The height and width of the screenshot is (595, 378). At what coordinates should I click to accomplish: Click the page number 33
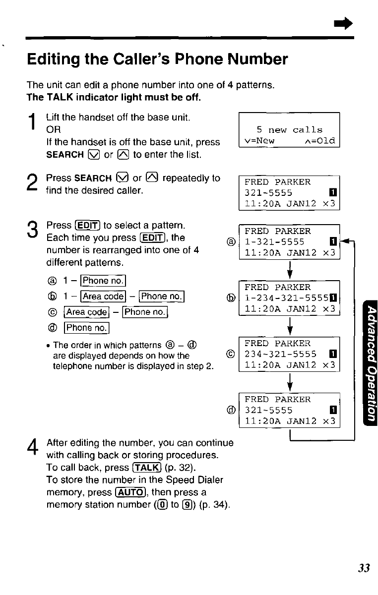tap(364, 568)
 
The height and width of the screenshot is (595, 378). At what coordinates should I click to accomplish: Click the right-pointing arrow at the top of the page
tap(345, 23)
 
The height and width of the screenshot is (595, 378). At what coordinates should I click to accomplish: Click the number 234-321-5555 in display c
tap(281, 354)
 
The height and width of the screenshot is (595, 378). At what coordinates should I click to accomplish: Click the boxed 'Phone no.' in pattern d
tap(87, 327)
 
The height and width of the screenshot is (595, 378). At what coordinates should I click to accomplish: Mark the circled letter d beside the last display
tap(230, 411)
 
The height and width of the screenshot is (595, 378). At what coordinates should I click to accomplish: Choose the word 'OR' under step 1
tap(53, 130)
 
